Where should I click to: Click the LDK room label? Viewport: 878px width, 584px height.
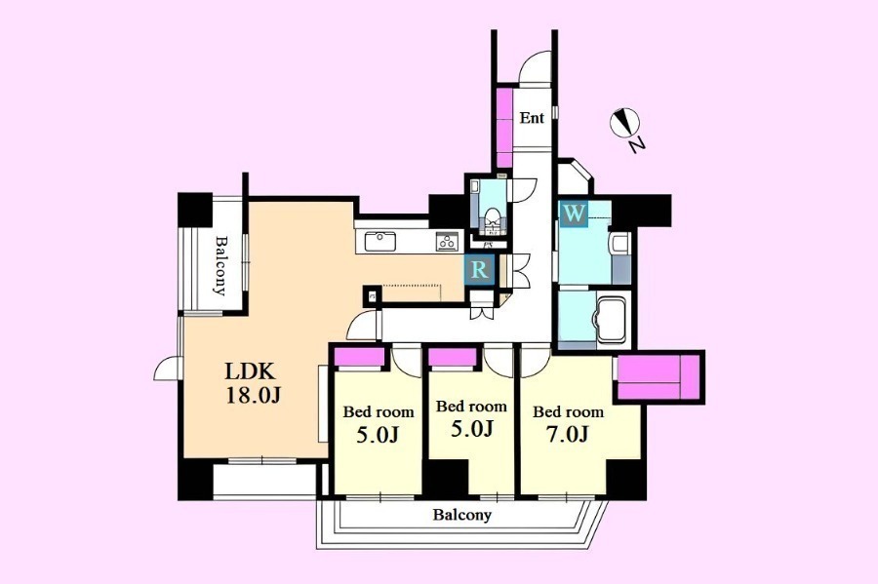[250, 370]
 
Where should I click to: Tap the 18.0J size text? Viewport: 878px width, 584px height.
[253, 396]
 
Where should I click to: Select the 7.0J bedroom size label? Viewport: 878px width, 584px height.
[568, 434]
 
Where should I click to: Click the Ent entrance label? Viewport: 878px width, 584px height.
[532, 118]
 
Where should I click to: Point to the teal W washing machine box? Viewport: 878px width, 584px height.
[575, 214]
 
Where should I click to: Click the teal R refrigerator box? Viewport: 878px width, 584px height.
[479, 270]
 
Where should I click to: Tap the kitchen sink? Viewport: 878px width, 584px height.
[380, 242]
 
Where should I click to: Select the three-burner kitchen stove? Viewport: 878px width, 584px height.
[448, 242]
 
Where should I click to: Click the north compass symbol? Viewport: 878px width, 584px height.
[624, 123]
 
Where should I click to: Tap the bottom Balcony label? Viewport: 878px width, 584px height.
[462, 515]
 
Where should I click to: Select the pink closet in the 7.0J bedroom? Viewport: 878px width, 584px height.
[658, 378]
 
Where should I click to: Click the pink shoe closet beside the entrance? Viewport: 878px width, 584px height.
[504, 127]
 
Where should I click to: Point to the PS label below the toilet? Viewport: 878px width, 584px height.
[488, 245]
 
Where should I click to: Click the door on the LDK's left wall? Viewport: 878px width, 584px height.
[166, 370]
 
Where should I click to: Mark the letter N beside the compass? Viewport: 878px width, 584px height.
[637, 146]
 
